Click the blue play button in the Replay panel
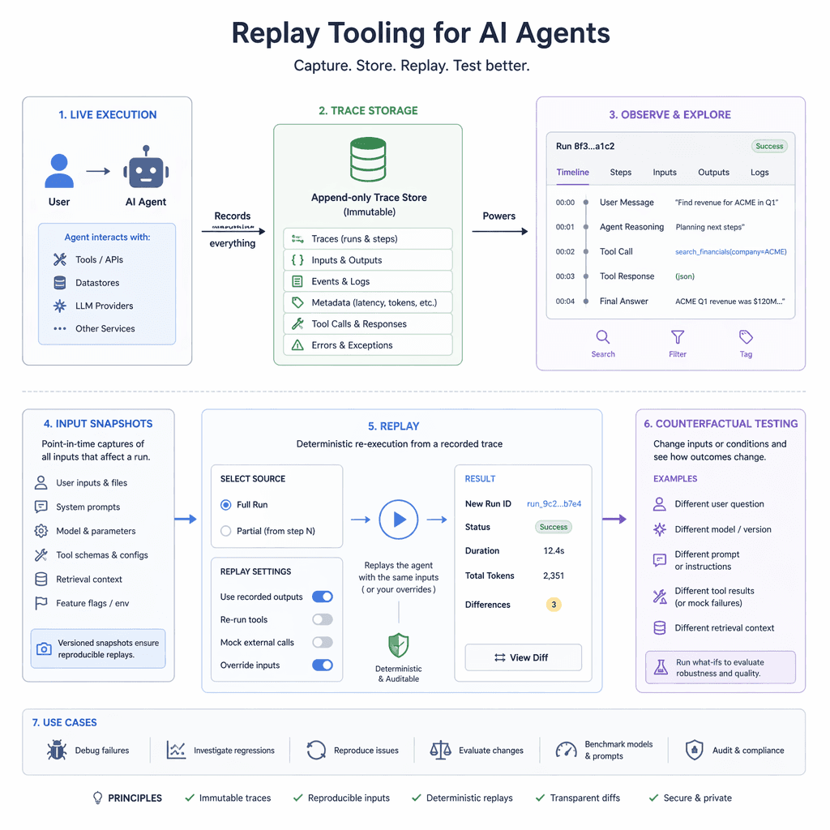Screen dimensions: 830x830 pos(399,520)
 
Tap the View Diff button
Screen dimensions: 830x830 pos(523,657)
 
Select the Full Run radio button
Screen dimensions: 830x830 pos(226,505)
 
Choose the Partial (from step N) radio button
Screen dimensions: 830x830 pos(226,531)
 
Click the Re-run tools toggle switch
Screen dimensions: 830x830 pos(322,619)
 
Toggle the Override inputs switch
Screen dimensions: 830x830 pos(322,665)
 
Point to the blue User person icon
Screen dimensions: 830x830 pos(59,170)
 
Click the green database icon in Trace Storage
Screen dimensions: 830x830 pos(368,160)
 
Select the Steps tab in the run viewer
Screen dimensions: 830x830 pos(621,173)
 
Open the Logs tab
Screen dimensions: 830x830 pos(759,173)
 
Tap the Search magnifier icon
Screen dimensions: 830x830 pos(603,337)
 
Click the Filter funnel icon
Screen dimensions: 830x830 pos(678,337)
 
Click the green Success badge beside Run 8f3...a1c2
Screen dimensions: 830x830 pos(768,147)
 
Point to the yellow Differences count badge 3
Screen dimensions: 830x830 pos(554,605)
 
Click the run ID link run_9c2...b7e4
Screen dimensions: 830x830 pos(554,504)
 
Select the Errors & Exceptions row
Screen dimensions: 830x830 pos(368,345)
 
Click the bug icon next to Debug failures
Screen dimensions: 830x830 pos(56,750)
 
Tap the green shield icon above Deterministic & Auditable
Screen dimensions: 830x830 pos(398,645)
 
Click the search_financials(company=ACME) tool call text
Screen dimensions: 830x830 pos(730,252)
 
